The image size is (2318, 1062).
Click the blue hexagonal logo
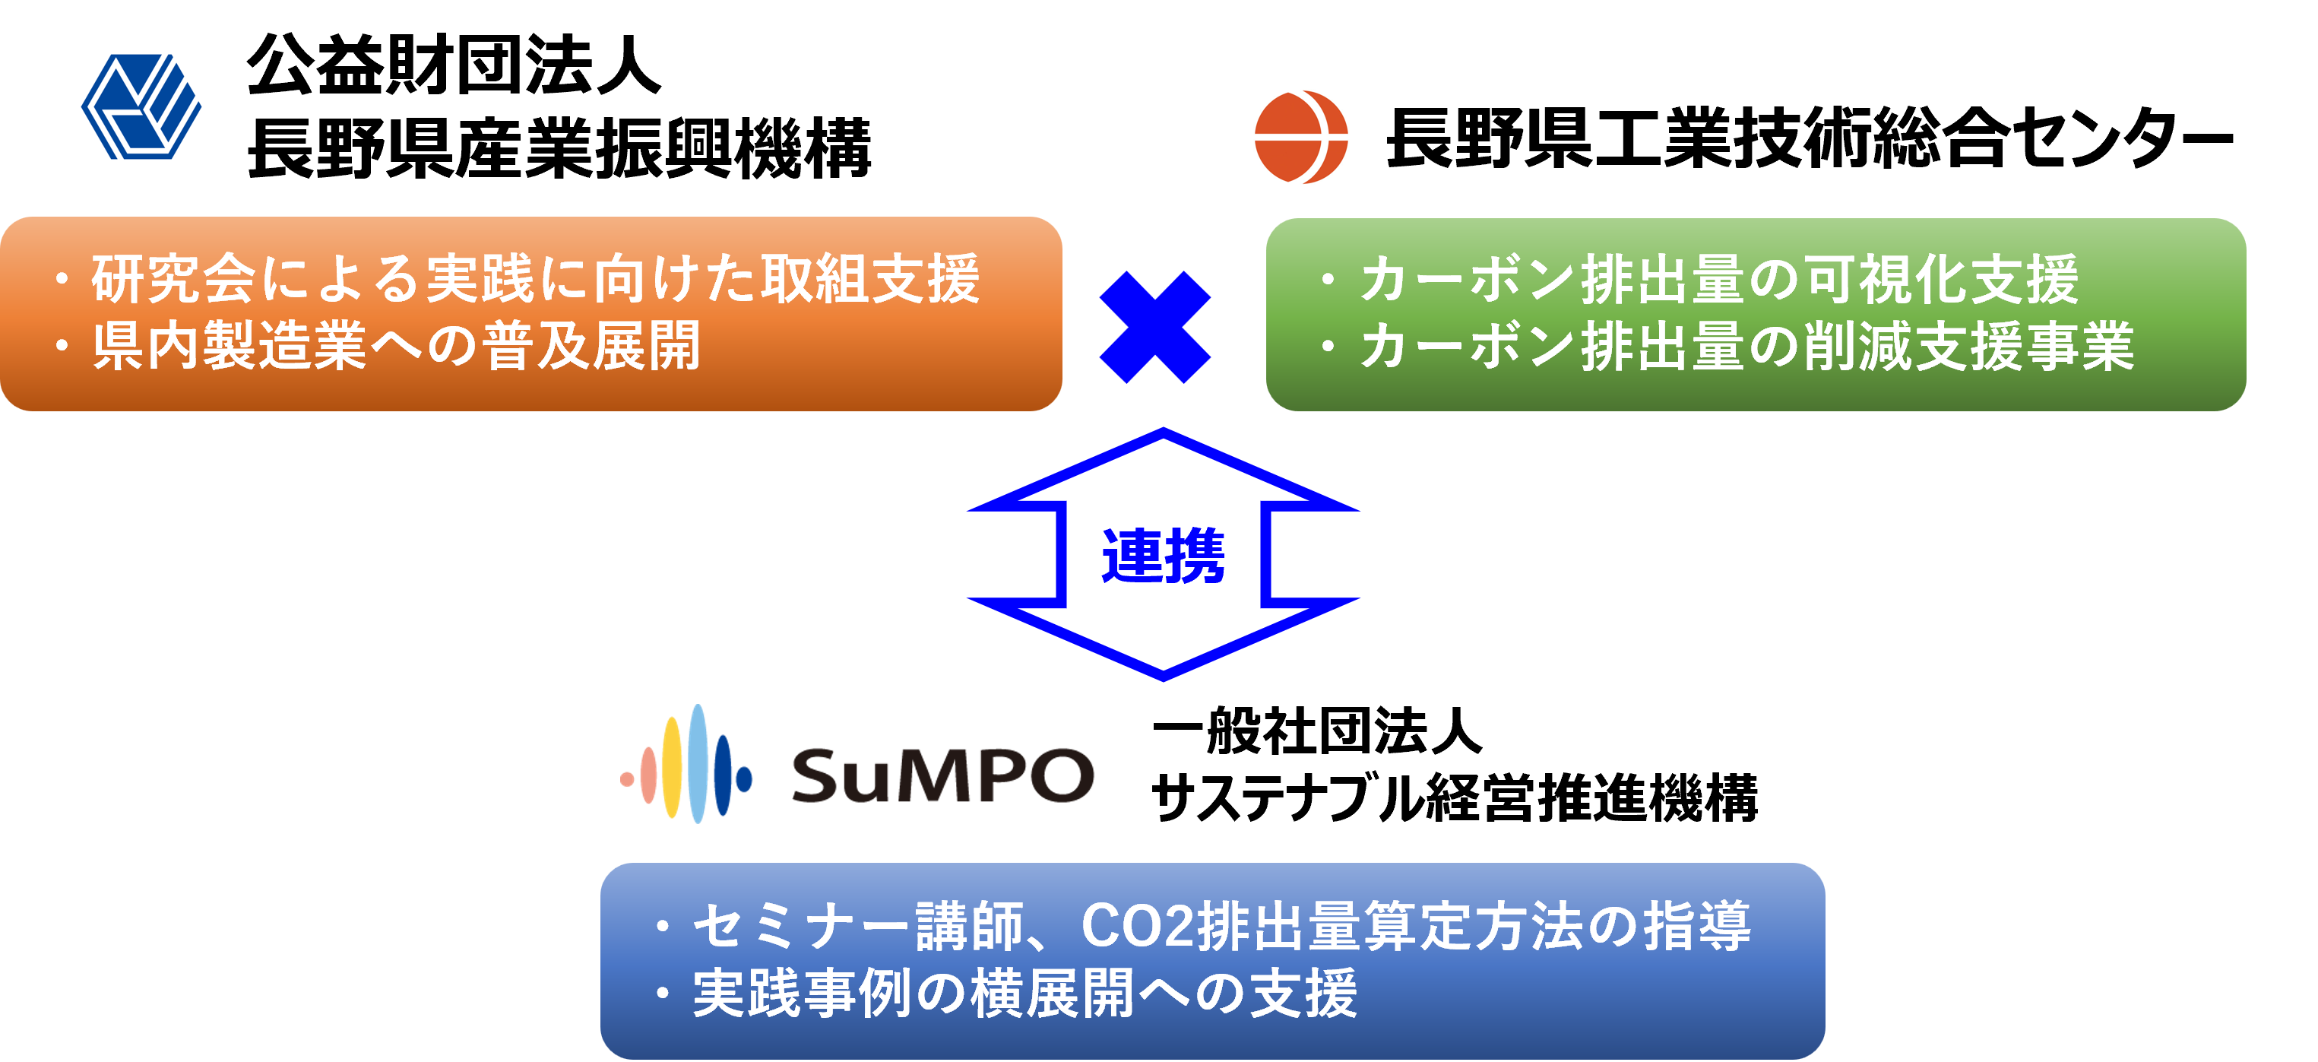pos(141,107)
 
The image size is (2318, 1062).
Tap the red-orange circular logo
pos(1301,137)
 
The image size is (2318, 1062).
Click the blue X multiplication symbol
pos(1155,328)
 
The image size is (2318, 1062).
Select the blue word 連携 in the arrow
pos(1163,556)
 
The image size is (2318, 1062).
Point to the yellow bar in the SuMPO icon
pos(672,767)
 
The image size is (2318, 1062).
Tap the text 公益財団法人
pos(454,65)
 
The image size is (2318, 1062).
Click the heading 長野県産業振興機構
pos(559,147)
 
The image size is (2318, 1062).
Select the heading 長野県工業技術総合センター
pos(1809,138)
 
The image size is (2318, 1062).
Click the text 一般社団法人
pos(1317,730)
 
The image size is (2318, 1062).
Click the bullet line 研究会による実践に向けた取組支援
pos(518,279)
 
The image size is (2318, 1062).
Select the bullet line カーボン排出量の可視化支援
pos(1700,279)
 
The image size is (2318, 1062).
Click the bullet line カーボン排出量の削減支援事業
pos(1727,346)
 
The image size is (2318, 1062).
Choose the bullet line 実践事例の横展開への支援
pos(1007,993)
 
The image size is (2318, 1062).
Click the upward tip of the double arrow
pos(1163,431)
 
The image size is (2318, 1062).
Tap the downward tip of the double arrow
pos(1163,677)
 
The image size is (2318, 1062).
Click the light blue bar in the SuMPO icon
pos(698,763)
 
